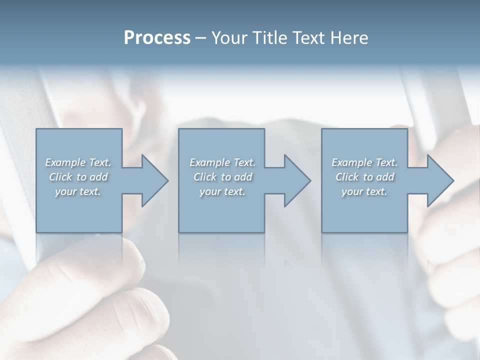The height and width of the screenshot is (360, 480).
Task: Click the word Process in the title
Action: [157, 38]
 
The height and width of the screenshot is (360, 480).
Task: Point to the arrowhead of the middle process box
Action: [296, 180]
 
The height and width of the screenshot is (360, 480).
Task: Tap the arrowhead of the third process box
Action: [439, 180]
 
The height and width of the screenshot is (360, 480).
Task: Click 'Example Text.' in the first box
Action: [78, 162]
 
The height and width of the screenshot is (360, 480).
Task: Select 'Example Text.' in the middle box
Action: [222, 162]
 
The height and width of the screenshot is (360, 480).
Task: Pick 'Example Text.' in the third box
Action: [364, 162]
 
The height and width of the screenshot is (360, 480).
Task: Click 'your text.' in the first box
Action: [78, 191]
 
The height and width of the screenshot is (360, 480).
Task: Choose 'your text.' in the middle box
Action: [222, 191]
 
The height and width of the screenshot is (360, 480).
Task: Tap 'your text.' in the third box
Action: [364, 191]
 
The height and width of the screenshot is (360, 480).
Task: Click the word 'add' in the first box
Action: [99, 177]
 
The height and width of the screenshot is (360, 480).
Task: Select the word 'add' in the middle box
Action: [243, 177]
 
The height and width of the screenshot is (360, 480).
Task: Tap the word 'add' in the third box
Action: [385, 177]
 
